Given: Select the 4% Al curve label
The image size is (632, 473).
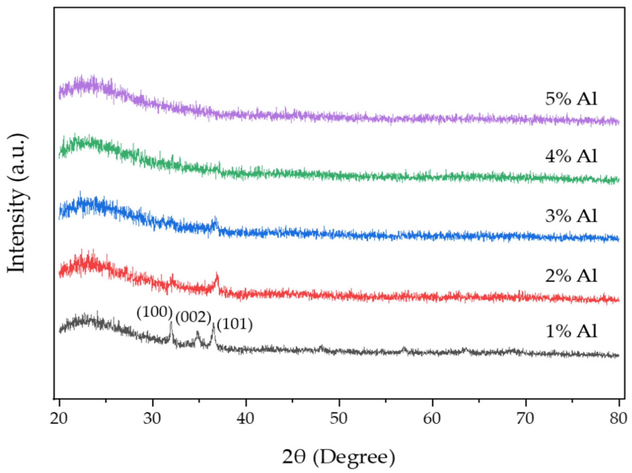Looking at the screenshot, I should pos(571,156).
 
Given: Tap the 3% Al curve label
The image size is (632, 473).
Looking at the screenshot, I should pos(571,216).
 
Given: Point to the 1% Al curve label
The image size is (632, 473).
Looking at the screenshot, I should pos(571,332).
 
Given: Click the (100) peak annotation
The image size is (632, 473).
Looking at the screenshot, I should pos(155,313).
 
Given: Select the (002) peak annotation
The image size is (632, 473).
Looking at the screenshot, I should pos(193,318).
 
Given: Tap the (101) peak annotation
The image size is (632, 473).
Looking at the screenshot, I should pos(235,325).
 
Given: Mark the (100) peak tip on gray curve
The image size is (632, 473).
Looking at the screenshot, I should pos(171,322).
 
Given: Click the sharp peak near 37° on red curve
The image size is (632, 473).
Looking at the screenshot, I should pos(217,274).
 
